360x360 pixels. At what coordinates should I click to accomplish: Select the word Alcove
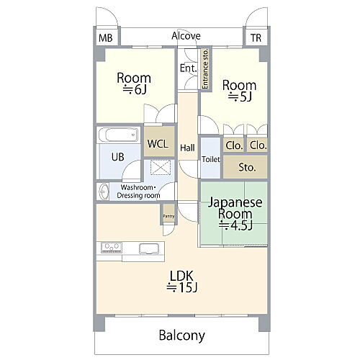coord(186,36)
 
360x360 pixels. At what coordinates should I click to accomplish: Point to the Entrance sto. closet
coord(205,69)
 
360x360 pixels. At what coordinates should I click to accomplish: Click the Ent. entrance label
coord(189,68)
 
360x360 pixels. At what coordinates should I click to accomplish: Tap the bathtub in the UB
coord(118,135)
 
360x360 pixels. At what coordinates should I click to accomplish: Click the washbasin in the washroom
coord(104,192)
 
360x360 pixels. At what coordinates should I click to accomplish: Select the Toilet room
coord(211,158)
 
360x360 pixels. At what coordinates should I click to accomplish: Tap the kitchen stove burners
coord(111,247)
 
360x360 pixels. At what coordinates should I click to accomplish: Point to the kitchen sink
coord(149,248)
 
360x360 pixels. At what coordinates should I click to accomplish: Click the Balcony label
coord(182,335)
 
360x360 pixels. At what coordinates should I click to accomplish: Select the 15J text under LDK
coord(182,287)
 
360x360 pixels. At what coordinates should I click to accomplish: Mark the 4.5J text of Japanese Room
coord(235,225)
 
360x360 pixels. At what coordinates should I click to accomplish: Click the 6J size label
coord(135,89)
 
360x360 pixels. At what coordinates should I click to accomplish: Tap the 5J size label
coord(240,96)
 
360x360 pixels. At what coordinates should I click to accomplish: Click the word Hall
coord(187,148)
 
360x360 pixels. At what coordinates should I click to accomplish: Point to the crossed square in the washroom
coord(161,166)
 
